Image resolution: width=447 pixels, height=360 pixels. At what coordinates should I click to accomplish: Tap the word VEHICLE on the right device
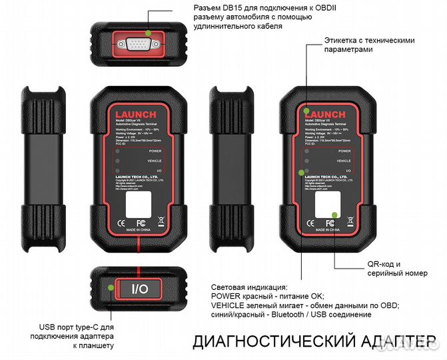click(x=344, y=161)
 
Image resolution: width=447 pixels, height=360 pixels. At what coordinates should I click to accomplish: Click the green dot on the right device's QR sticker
click(x=332, y=214)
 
